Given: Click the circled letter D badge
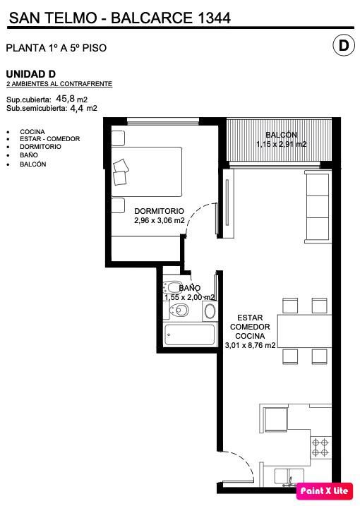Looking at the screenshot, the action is (x=344, y=46).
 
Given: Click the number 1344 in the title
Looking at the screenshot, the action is (x=214, y=18).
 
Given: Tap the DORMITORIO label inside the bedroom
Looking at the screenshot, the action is (x=159, y=211).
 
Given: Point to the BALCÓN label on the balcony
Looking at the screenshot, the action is (x=281, y=135).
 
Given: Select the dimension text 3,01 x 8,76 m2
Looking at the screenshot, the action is (x=250, y=345).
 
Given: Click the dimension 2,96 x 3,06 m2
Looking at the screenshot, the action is (x=159, y=221).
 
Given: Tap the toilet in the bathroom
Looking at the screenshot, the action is (x=179, y=311).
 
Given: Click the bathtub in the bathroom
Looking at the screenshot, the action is (x=189, y=335).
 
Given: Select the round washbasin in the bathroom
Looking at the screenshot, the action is (x=210, y=311).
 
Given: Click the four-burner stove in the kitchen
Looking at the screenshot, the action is (x=320, y=447).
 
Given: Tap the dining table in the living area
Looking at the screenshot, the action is (x=304, y=331).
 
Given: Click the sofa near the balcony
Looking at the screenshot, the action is (x=318, y=207).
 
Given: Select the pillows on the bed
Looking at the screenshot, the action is (x=121, y=172).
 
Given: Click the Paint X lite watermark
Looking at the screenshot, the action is (x=324, y=491).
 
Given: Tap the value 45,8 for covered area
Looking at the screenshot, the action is (x=65, y=98).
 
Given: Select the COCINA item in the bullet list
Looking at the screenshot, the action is (x=32, y=132).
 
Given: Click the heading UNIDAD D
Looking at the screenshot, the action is (x=30, y=74).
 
